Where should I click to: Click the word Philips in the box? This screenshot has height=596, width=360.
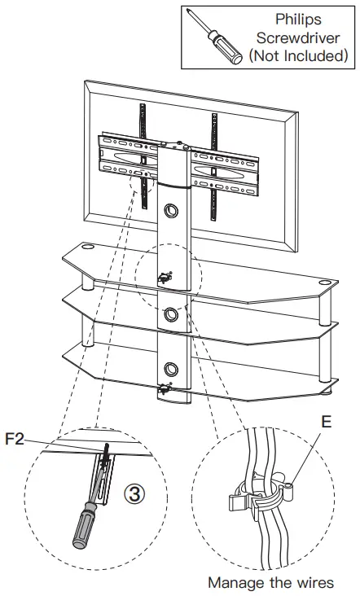tap(297, 19)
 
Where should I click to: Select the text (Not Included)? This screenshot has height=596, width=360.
tap(297, 55)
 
